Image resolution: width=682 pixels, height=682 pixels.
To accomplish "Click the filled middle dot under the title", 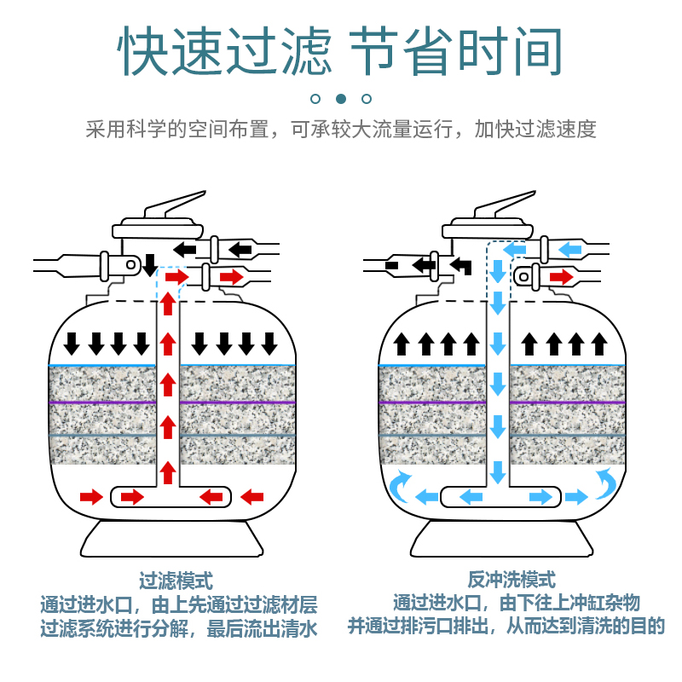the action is (341, 99).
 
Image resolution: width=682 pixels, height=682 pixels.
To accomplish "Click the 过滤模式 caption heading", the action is (176, 581).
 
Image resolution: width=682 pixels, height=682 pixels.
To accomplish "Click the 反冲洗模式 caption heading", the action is (511, 580).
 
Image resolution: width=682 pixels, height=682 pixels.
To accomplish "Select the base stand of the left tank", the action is (172, 539).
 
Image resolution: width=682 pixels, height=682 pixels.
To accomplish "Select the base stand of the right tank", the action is (502, 539).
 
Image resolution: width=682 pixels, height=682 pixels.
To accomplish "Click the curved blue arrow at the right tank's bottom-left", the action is (401, 484).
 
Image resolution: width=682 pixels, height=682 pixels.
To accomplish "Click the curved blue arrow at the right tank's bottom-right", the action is (606, 483).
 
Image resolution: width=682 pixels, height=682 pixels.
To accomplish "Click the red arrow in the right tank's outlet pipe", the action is (562, 277).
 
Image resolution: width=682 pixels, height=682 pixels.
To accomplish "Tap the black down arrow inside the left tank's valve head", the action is (150, 265).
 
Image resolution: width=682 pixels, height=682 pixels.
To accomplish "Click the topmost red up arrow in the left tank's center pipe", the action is (168, 303).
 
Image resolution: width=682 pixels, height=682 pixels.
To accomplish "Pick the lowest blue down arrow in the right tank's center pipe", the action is (498, 472).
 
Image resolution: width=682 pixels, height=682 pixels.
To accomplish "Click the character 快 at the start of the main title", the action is (142, 50).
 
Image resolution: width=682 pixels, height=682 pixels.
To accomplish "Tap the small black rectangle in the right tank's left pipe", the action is (392, 265).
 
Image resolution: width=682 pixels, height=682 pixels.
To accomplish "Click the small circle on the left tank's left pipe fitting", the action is (130, 264).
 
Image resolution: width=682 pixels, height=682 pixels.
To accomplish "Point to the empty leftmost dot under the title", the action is (315, 99).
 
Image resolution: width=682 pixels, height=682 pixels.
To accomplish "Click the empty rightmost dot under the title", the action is (367, 99).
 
